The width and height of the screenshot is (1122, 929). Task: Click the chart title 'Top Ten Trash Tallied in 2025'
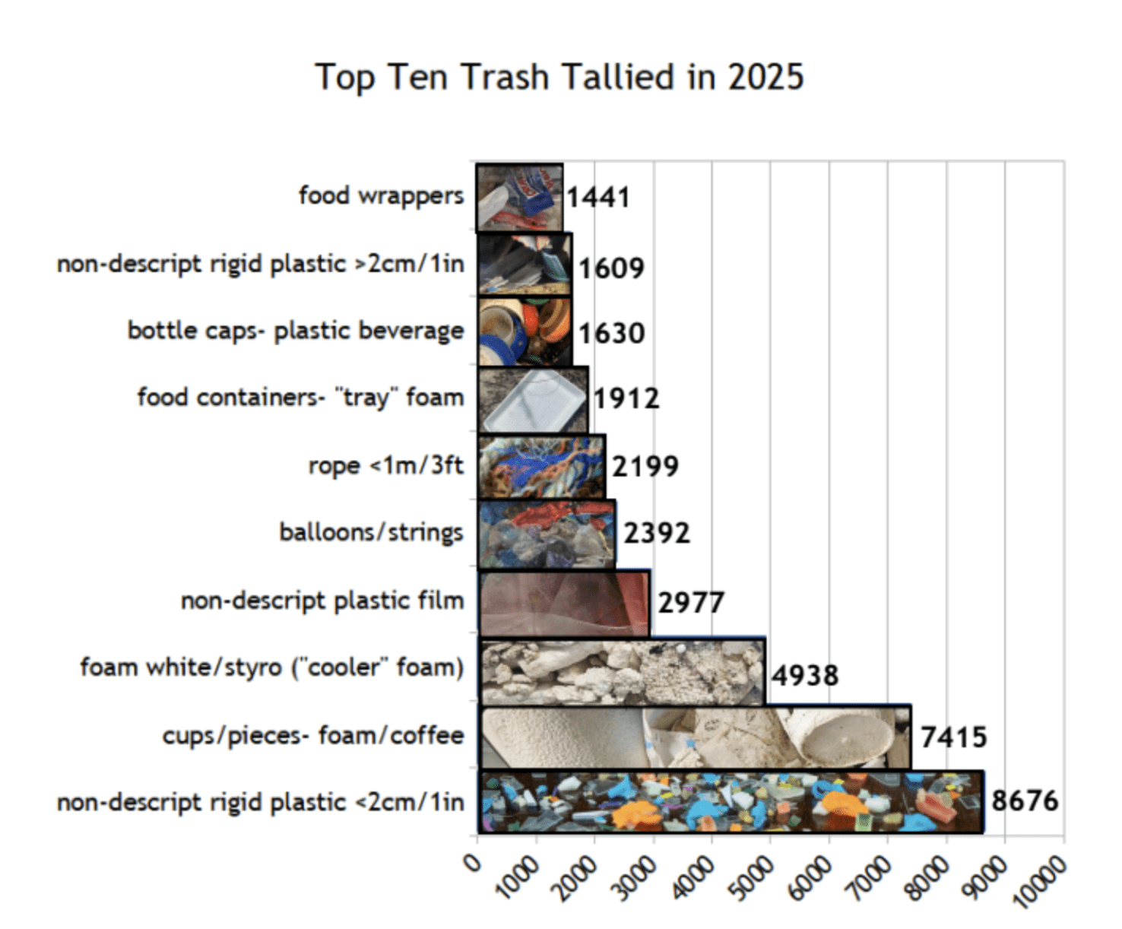[559, 78]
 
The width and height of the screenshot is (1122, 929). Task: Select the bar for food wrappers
[520, 197]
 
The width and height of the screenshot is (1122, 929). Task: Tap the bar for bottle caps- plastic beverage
[525, 332]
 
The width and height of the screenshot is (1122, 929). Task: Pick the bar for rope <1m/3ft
[541, 466]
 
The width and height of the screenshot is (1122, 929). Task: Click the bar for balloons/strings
[547, 533]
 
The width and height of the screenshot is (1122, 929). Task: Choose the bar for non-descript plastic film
[564, 602]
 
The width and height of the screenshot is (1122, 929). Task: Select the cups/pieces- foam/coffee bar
[695, 737]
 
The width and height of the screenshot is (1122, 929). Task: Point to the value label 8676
[1024, 801]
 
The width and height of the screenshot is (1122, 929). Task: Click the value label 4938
[805, 675]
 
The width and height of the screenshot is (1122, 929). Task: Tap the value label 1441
[598, 198]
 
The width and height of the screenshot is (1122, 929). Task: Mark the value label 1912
[626, 398]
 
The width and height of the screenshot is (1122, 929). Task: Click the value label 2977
[690, 603]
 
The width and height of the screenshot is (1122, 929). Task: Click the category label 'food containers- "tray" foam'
[300, 398]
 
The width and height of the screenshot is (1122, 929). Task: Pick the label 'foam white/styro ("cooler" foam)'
[272, 667]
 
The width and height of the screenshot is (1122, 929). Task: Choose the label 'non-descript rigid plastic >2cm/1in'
[261, 264]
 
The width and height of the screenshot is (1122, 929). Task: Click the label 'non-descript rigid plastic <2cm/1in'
[261, 803]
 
